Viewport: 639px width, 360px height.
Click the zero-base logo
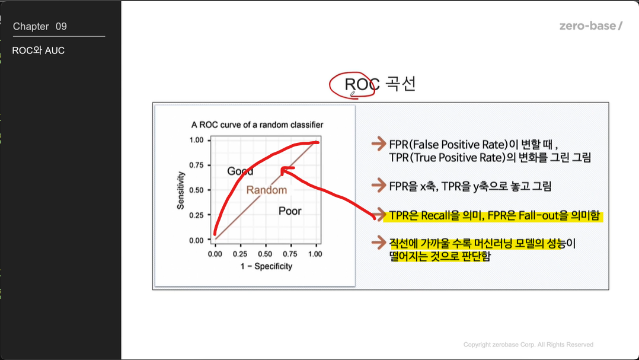coord(590,26)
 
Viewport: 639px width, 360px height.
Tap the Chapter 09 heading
coord(40,27)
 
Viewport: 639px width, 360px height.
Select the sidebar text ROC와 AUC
coord(39,50)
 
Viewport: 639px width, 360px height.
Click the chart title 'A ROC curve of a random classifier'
coord(257,125)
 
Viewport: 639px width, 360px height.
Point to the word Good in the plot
coord(240,171)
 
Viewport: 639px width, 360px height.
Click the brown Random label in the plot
coord(267,190)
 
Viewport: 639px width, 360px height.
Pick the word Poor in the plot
coord(290,211)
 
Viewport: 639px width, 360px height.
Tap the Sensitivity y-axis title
coord(180,190)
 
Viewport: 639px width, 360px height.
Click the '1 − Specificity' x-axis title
coord(266,266)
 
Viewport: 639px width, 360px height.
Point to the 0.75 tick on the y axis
coord(196,165)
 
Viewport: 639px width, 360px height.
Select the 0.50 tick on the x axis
coord(265,254)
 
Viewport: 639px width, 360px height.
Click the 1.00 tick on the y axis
coord(196,140)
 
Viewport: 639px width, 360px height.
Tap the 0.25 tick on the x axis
coord(240,254)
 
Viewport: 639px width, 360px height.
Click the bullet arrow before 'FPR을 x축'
coord(379,185)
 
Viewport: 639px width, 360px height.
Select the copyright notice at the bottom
coord(528,345)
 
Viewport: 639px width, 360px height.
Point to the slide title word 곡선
coord(401,84)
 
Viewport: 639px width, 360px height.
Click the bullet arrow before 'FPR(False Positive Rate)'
coord(379,144)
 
